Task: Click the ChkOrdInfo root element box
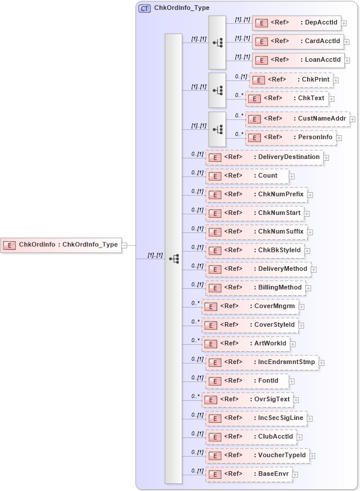point(61,245)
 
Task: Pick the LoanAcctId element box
point(298,60)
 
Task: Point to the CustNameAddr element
point(297,119)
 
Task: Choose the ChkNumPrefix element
point(256,194)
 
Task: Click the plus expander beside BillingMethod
point(309,288)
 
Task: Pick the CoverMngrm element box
point(250,306)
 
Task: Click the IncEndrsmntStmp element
point(262,362)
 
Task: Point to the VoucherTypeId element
point(257,455)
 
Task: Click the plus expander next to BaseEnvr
point(295,475)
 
